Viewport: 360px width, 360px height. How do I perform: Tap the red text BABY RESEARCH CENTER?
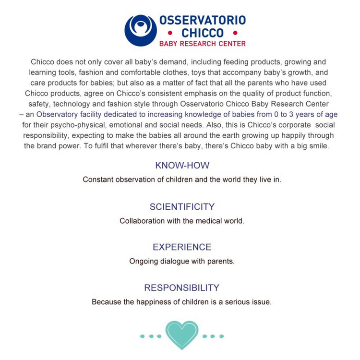point(202,44)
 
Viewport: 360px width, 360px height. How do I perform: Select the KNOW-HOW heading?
point(182,166)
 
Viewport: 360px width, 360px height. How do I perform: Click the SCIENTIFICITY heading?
point(182,207)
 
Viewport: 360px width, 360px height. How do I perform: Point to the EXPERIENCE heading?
point(182,247)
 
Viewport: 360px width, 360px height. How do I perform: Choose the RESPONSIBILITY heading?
point(182,288)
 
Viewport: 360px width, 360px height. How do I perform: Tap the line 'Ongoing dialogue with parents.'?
point(182,262)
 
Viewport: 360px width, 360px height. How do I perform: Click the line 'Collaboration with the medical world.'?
point(182,221)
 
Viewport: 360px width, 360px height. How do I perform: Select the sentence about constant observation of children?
point(182,180)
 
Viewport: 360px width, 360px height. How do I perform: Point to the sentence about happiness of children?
point(182,302)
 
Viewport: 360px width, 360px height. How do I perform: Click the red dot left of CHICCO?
point(170,33)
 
